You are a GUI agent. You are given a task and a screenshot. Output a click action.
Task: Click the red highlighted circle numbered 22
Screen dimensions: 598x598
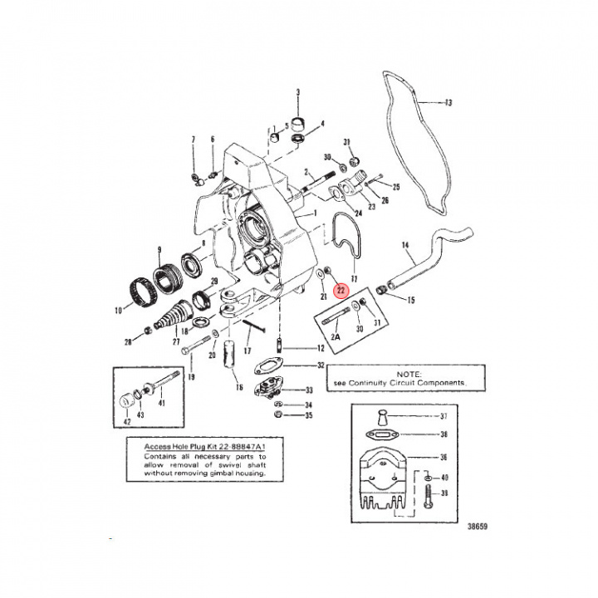341,290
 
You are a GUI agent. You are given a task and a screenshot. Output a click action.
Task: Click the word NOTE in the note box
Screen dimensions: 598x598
409,375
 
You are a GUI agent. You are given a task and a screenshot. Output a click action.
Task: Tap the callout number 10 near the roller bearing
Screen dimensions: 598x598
118,311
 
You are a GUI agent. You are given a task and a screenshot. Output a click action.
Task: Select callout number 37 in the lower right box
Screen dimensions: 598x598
444,417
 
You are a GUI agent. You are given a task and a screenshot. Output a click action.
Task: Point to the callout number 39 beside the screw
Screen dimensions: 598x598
444,494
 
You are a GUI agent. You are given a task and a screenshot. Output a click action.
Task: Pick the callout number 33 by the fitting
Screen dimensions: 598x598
309,390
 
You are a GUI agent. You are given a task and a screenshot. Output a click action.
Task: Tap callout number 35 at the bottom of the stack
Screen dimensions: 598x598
309,414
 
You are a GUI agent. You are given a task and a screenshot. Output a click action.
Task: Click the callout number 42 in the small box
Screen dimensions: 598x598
128,421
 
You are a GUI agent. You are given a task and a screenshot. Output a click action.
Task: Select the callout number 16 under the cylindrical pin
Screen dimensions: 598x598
238,387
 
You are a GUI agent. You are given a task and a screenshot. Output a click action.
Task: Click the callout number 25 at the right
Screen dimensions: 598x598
396,186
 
